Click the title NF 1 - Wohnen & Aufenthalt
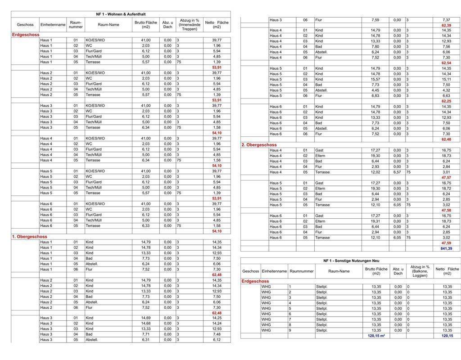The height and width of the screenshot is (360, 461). click(121, 14)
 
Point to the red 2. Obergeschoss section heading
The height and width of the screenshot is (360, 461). click(259, 145)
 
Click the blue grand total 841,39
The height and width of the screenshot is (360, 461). click(447, 248)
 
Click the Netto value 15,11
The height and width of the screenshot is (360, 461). click(446, 79)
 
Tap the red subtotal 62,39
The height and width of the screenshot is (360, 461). click(446, 26)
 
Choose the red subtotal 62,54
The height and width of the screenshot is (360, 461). click(446, 63)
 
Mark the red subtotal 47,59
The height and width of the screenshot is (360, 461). click(446, 243)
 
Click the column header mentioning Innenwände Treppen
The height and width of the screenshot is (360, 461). click(190, 25)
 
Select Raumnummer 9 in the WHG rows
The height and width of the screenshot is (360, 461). click(290, 330)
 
